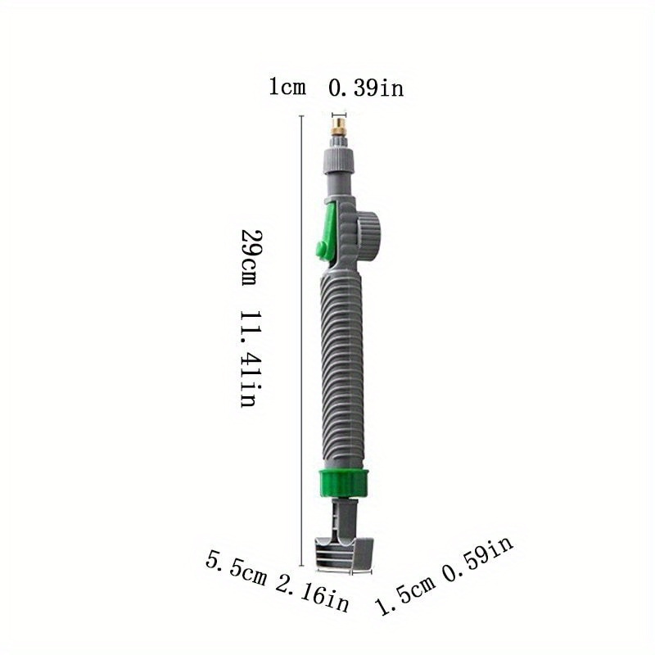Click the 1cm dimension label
pos(287,87)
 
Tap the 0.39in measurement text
pos(366,87)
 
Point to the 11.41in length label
pos(250,359)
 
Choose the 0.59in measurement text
pos(478,562)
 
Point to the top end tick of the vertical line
pos(302,117)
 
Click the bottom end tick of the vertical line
pos(302,565)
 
